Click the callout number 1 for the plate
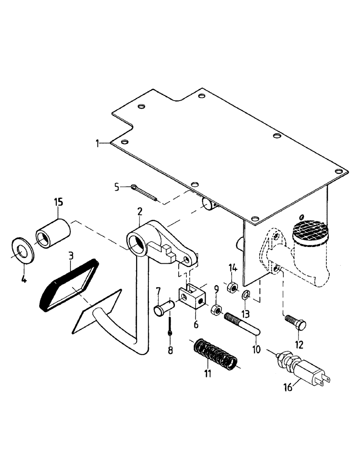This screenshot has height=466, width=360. tap(97, 144)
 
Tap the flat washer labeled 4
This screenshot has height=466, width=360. tap(22, 250)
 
